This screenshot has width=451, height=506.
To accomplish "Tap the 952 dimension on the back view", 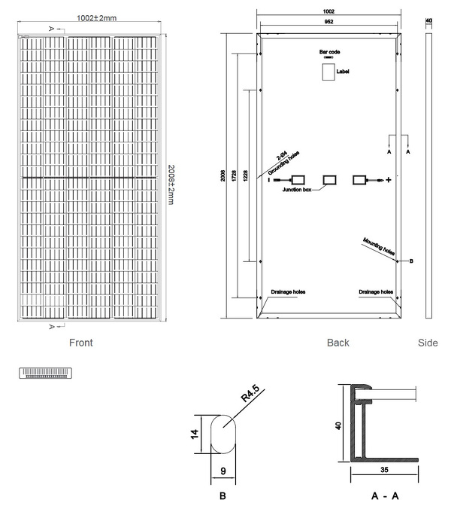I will [x=328, y=22].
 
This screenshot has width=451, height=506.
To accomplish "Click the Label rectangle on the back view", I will [x=328, y=72].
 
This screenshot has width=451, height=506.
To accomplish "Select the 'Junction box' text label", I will [x=297, y=191].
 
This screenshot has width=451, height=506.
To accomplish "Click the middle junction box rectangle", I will [x=330, y=180].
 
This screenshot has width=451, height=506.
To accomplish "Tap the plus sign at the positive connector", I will [x=389, y=180].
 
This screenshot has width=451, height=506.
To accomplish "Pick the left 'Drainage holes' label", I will [x=288, y=291].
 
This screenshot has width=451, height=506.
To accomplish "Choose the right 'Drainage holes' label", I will [x=376, y=291].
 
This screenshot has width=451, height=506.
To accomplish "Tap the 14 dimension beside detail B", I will [x=195, y=434].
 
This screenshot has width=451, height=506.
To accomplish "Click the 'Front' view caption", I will [x=80, y=343].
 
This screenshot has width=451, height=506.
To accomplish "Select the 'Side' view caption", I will [x=427, y=343].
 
